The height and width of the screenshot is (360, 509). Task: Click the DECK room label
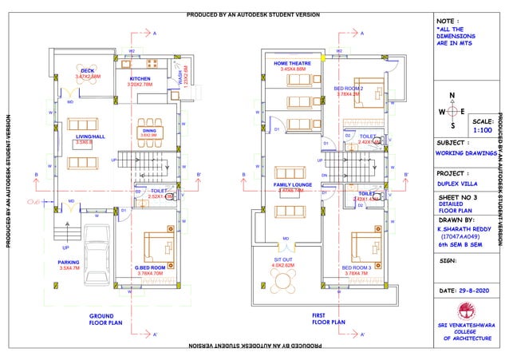click(x=87, y=71)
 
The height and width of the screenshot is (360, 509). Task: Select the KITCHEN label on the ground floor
click(x=140, y=79)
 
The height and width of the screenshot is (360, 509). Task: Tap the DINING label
click(x=149, y=130)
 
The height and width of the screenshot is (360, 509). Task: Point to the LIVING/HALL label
click(x=90, y=137)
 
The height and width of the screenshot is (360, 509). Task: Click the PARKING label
click(x=69, y=261)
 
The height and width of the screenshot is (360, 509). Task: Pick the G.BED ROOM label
click(x=149, y=267)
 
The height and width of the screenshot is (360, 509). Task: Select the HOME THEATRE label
click(x=293, y=63)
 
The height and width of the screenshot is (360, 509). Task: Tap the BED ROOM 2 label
click(x=349, y=88)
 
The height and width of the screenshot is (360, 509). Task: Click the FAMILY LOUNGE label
click(x=292, y=185)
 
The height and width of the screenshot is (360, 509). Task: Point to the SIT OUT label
click(x=284, y=259)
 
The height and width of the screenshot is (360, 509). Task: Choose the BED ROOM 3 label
click(x=355, y=267)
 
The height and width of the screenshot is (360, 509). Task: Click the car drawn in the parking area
click(x=97, y=247)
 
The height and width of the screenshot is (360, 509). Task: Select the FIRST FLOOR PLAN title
click(x=328, y=320)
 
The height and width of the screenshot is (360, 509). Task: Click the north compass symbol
click(x=452, y=111)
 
